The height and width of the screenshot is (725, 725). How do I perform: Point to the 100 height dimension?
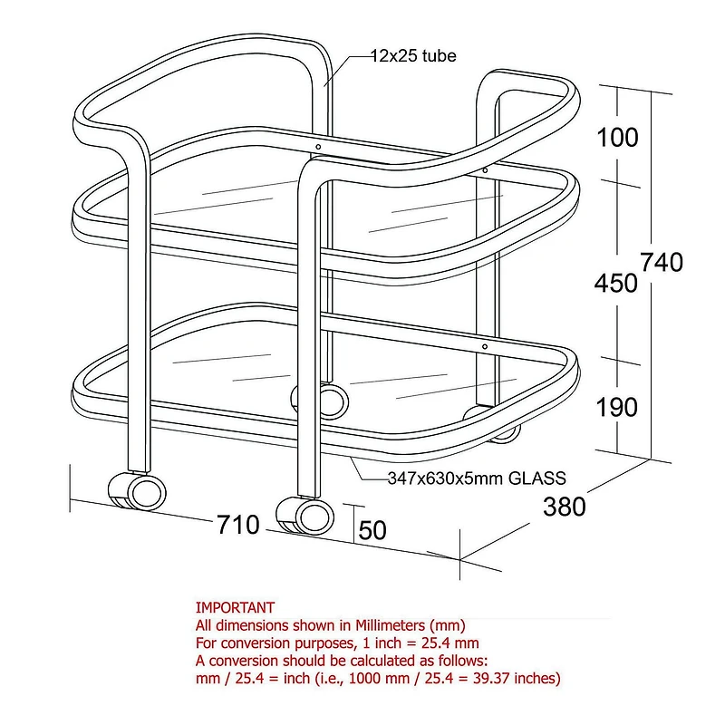click(x=618, y=138)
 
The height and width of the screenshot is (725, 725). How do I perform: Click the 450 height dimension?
click(x=616, y=284)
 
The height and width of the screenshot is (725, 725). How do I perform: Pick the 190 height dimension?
click(x=618, y=408)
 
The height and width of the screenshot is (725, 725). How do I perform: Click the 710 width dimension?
click(x=237, y=525)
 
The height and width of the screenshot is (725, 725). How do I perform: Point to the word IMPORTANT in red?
click(x=235, y=608)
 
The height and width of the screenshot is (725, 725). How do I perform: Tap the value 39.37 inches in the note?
click(x=513, y=678)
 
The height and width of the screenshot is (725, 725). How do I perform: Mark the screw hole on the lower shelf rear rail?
click(x=485, y=346)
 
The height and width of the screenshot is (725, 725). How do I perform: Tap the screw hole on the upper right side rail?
click(x=486, y=169)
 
